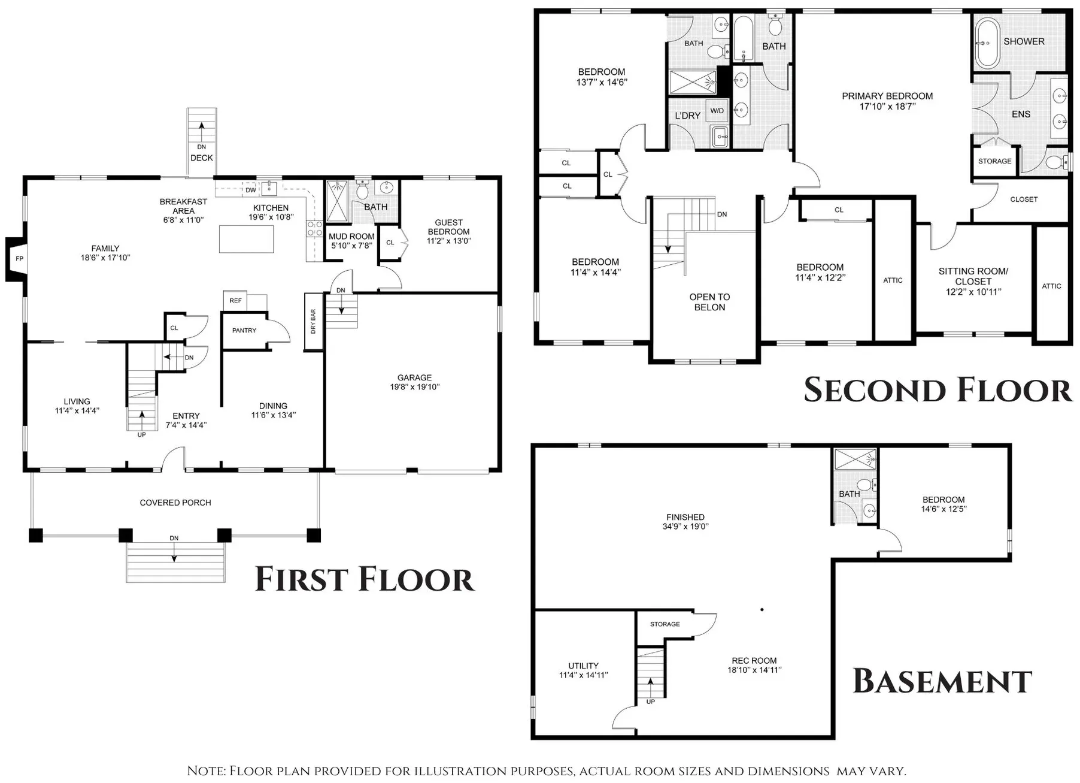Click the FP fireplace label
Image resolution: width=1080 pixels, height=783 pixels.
click(x=20, y=259)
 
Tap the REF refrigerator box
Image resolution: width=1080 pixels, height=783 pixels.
click(x=235, y=301)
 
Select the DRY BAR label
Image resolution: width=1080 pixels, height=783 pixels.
click(x=313, y=322)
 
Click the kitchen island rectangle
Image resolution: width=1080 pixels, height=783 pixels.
click(x=247, y=239)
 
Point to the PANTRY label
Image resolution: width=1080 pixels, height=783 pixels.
click(x=244, y=331)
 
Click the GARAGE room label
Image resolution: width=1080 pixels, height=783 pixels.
click(x=414, y=378)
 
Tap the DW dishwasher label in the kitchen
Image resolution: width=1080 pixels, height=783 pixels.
click(x=251, y=191)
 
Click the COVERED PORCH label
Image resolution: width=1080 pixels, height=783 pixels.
click(x=175, y=503)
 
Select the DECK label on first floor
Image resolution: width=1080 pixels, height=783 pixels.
click(x=202, y=158)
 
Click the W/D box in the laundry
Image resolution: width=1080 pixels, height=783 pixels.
click(x=717, y=111)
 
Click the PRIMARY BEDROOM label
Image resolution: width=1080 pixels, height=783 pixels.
click(x=887, y=96)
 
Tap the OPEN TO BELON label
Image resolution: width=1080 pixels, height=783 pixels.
click(x=709, y=302)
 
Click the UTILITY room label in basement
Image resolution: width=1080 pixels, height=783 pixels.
click(x=583, y=666)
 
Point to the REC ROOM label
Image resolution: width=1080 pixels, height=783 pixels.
click(x=754, y=661)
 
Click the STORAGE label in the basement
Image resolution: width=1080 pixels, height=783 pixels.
click(x=665, y=624)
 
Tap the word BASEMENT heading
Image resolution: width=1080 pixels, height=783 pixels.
click(x=942, y=681)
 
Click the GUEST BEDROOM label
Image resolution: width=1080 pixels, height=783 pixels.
click(x=449, y=227)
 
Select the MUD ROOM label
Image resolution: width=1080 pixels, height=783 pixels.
click(x=351, y=237)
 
